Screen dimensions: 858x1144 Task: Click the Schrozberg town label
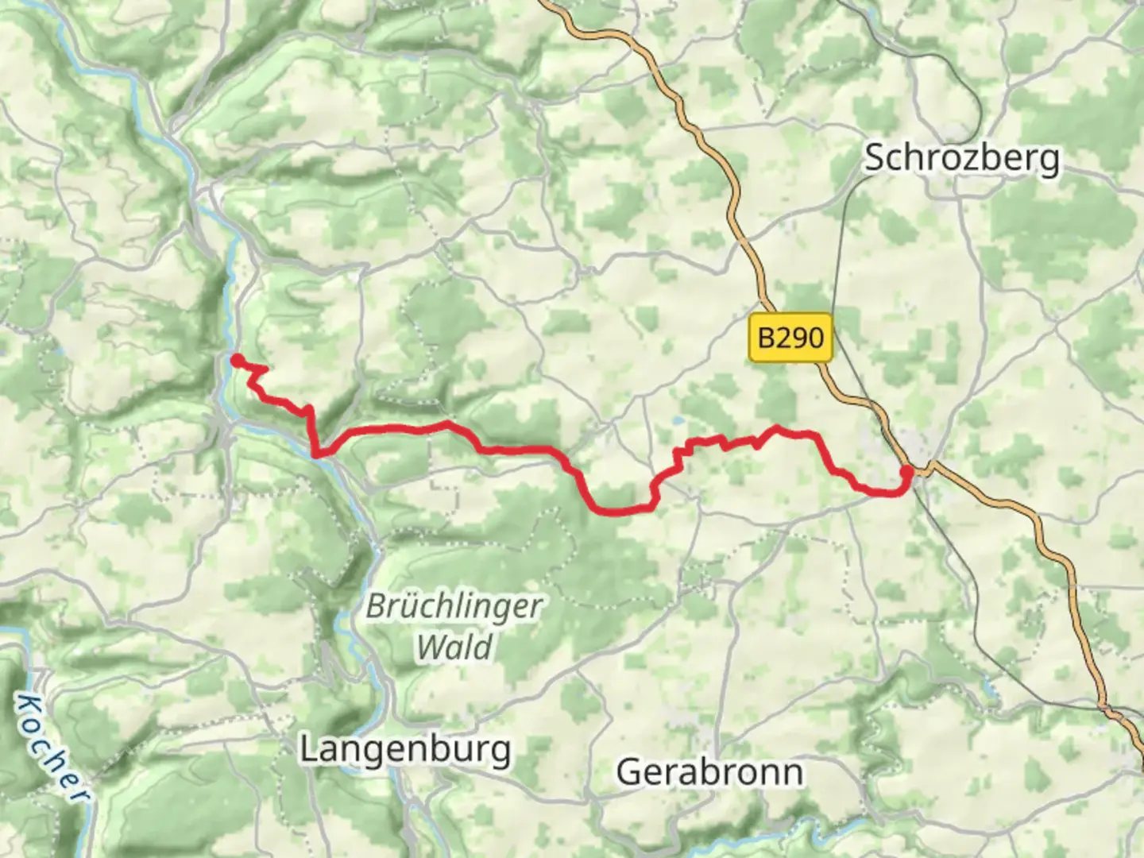tap(961, 158)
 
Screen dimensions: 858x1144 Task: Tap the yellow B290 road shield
tap(790, 338)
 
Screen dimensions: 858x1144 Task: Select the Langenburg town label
tap(404, 749)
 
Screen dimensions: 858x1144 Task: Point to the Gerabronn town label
tap(709, 771)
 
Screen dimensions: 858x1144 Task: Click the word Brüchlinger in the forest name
tap(454, 608)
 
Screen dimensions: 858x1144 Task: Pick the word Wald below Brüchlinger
tap(454, 647)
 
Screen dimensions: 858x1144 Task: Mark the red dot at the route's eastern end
tap(906, 473)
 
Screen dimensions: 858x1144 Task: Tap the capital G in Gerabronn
tap(628, 771)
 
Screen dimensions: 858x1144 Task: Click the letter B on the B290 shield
tap(766, 338)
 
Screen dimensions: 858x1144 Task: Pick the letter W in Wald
tap(433, 647)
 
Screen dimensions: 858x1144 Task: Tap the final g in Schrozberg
tap(1050, 161)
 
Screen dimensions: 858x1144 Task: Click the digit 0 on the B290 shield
tap(815, 338)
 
